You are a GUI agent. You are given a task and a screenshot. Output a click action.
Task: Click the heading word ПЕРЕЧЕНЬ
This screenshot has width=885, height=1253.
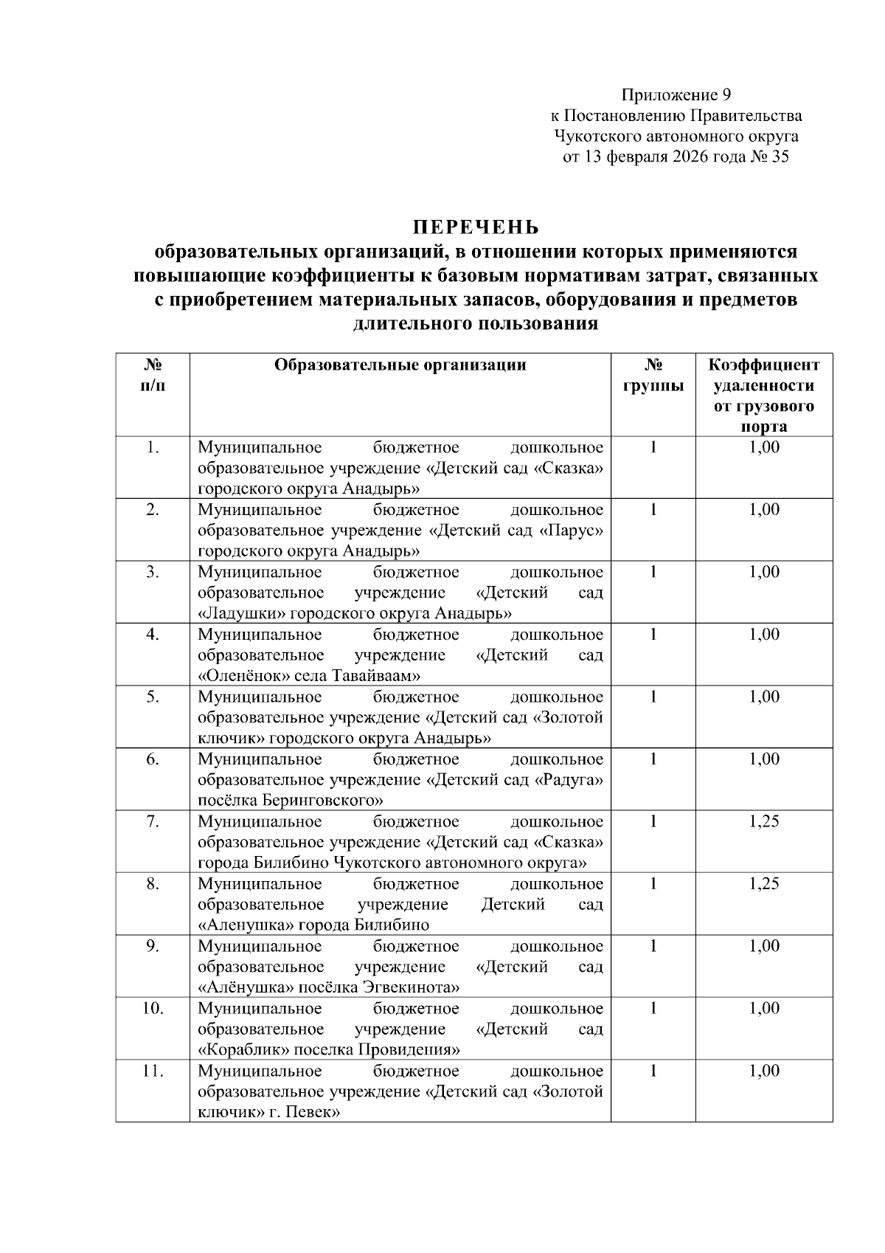pyautogui.click(x=475, y=227)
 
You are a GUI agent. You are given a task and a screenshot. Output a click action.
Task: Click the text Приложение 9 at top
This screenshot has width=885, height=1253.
pyautogui.click(x=676, y=94)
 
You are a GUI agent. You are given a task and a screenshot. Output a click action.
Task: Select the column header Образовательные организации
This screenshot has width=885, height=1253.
pyautogui.click(x=400, y=365)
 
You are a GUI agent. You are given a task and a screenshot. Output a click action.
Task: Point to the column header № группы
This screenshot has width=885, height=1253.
pyautogui.click(x=653, y=375)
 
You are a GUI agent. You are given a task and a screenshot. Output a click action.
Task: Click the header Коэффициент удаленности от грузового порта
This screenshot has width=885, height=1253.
pyautogui.click(x=763, y=395)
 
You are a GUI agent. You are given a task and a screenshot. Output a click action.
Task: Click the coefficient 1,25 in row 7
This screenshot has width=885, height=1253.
pyautogui.click(x=763, y=821)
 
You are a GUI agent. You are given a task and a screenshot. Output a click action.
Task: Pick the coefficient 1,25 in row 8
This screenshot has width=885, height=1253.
pyautogui.click(x=763, y=883)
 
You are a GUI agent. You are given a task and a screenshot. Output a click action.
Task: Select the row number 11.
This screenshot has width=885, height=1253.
pyautogui.click(x=153, y=1071)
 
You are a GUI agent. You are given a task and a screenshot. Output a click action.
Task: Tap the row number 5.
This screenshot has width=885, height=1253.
pyautogui.click(x=153, y=697)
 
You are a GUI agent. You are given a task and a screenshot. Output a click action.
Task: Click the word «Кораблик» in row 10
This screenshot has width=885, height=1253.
pyautogui.click(x=246, y=1050)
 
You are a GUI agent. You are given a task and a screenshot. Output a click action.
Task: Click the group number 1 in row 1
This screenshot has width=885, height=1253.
pyautogui.click(x=653, y=447)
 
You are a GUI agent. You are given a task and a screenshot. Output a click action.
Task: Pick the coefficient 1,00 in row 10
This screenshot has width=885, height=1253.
pyautogui.click(x=763, y=1008)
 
